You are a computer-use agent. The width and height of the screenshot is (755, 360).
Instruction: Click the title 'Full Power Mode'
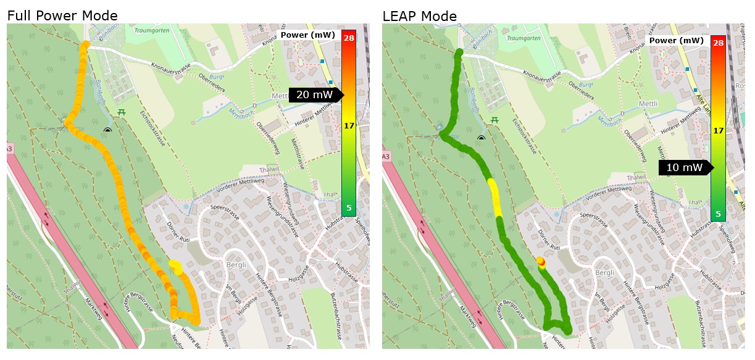pos(62,16)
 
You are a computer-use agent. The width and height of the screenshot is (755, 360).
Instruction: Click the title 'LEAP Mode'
pos(420,16)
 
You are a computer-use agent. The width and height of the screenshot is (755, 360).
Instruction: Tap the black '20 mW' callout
pos(314,94)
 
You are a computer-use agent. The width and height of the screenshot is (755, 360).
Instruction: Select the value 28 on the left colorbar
pos(349,38)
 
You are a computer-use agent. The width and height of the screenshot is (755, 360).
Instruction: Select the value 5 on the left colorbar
pos(349,208)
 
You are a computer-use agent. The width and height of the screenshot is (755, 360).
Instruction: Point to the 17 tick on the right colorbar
pos(718,131)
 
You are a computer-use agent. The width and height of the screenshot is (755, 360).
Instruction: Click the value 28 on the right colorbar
pos(718,43)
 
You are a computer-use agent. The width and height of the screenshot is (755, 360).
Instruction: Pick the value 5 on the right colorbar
pos(718,214)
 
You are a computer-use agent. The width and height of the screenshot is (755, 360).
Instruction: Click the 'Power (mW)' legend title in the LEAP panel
pos(677,41)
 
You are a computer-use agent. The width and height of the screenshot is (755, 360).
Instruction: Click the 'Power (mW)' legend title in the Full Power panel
pos(307,35)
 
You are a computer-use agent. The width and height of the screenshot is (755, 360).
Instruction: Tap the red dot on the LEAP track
pos(541,261)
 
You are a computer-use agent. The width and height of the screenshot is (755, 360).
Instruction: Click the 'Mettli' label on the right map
pos(648,103)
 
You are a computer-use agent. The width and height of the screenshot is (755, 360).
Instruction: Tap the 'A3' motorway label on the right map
pos(386,157)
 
